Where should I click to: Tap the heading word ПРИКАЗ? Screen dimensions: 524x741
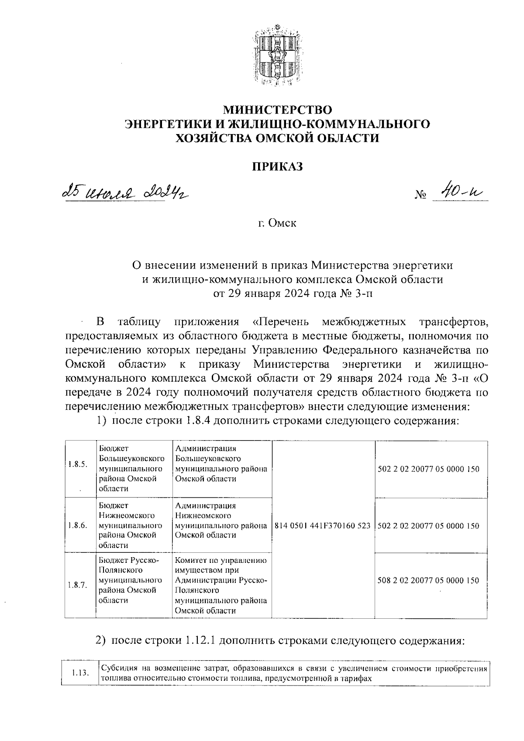[x=277, y=166]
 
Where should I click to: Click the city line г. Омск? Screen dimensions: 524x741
[x=277, y=223]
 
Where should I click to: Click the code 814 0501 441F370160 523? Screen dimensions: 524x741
[x=323, y=526]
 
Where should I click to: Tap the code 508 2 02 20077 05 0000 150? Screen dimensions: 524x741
[x=428, y=581]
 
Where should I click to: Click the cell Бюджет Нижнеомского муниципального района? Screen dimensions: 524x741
[x=133, y=525]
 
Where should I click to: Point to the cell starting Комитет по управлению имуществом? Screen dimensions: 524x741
[x=221, y=586]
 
